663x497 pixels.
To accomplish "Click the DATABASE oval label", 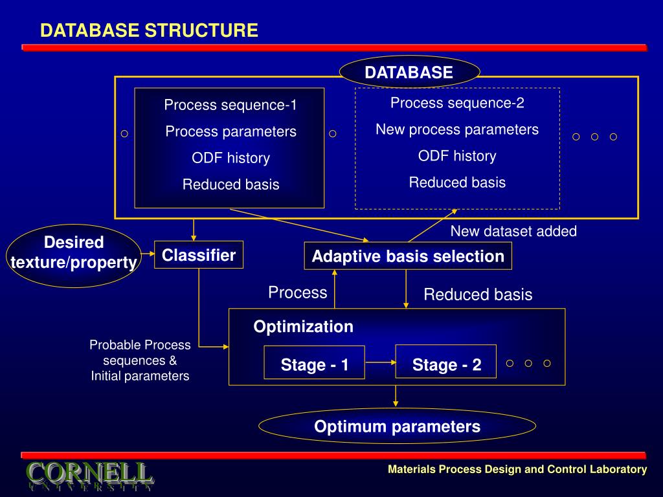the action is pyautogui.click(x=409, y=72).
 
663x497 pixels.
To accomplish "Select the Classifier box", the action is pyautogui.click(x=199, y=255).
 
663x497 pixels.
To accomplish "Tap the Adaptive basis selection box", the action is pyautogui.click(x=408, y=256).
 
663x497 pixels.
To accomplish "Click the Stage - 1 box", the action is pyautogui.click(x=314, y=362).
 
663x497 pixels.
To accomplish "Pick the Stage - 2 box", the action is pyautogui.click(x=445, y=362).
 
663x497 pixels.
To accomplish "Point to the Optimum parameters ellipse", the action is pyautogui.click(x=397, y=426).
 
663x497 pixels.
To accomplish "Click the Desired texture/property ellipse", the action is pyautogui.click(x=74, y=256).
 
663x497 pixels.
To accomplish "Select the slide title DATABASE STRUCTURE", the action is pyautogui.click(x=150, y=30).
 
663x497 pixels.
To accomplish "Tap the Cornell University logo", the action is pyautogui.click(x=89, y=476).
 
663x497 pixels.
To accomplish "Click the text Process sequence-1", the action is pyautogui.click(x=230, y=105).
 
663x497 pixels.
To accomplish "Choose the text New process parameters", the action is pyautogui.click(x=457, y=129).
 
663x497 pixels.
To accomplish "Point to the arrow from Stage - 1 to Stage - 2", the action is pyautogui.click(x=380, y=362).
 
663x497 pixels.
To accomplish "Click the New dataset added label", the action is pyautogui.click(x=513, y=231).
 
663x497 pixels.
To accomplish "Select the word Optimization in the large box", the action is pyautogui.click(x=303, y=327).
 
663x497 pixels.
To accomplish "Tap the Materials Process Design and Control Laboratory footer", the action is pyautogui.click(x=517, y=469).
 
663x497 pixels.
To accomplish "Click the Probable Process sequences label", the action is pyautogui.click(x=140, y=360).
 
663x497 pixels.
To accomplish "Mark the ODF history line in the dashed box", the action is pyautogui.click(x=457, y=156).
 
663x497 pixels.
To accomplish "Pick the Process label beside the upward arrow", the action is pyautogui.click(x=298, y=293).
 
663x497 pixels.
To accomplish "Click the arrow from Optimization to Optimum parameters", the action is pyautogui.click(x=396, y=396).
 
